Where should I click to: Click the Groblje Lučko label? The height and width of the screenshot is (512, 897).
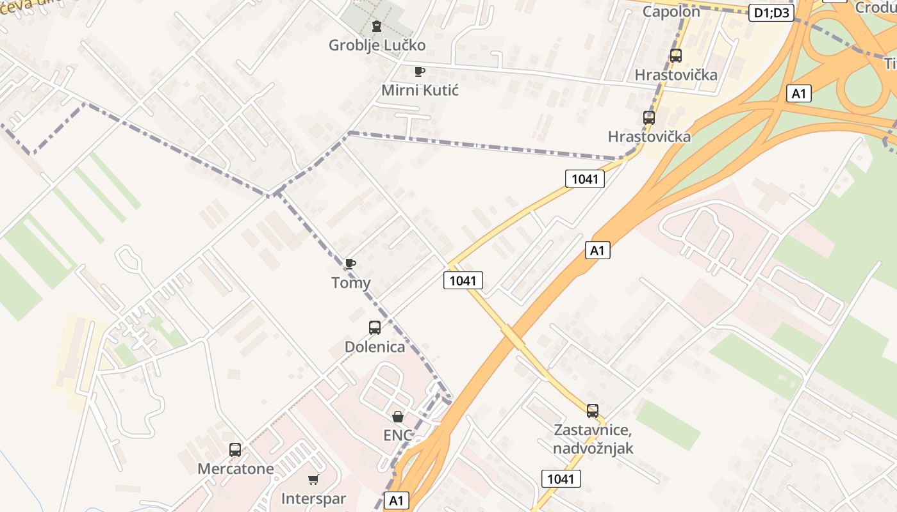(377, 45)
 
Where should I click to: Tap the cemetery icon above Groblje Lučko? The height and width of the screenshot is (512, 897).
(377, 26)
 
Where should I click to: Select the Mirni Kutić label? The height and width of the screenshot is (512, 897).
(420, 90)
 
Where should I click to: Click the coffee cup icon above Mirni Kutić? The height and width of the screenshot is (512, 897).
(420, 71)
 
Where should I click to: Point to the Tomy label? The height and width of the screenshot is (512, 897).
(350, 282)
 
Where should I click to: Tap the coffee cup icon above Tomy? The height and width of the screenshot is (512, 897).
(350, 264)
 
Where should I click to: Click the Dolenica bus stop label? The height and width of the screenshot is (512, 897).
(375, 347)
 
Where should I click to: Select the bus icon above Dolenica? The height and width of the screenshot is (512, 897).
(375, 328)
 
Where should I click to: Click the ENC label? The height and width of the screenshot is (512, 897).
(398, 435)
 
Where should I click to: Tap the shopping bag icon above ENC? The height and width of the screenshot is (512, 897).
(398, 417)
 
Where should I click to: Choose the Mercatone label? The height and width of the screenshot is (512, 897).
(235, 468)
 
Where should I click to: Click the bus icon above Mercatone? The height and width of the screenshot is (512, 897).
(235, 450)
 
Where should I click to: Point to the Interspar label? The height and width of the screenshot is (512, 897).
(313, 499)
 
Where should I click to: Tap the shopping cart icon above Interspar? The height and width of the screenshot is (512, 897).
(313, 479)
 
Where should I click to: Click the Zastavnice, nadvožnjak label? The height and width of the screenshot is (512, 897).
(593, 438)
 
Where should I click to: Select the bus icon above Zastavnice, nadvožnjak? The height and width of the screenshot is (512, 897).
(593, 411)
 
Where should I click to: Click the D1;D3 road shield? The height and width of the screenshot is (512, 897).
(771, 13)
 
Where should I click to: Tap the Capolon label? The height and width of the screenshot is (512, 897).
(671, 11)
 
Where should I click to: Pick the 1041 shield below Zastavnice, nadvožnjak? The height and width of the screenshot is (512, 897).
(561, 479)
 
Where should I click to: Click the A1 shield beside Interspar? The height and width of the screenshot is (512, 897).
(397, 500)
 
